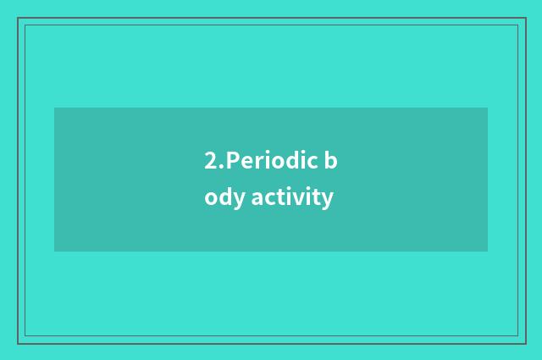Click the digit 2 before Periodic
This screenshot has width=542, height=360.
tap(209, 160)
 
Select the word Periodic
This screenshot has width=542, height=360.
tap(271, 160)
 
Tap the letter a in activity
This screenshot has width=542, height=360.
tap(257, 199)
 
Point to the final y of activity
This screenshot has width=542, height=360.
tap(328, 201)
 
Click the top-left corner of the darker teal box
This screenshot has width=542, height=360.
tap(54, 108)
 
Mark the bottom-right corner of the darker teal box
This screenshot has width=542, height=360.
tap(488, 252)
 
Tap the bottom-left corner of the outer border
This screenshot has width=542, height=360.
tap(18, 343)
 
